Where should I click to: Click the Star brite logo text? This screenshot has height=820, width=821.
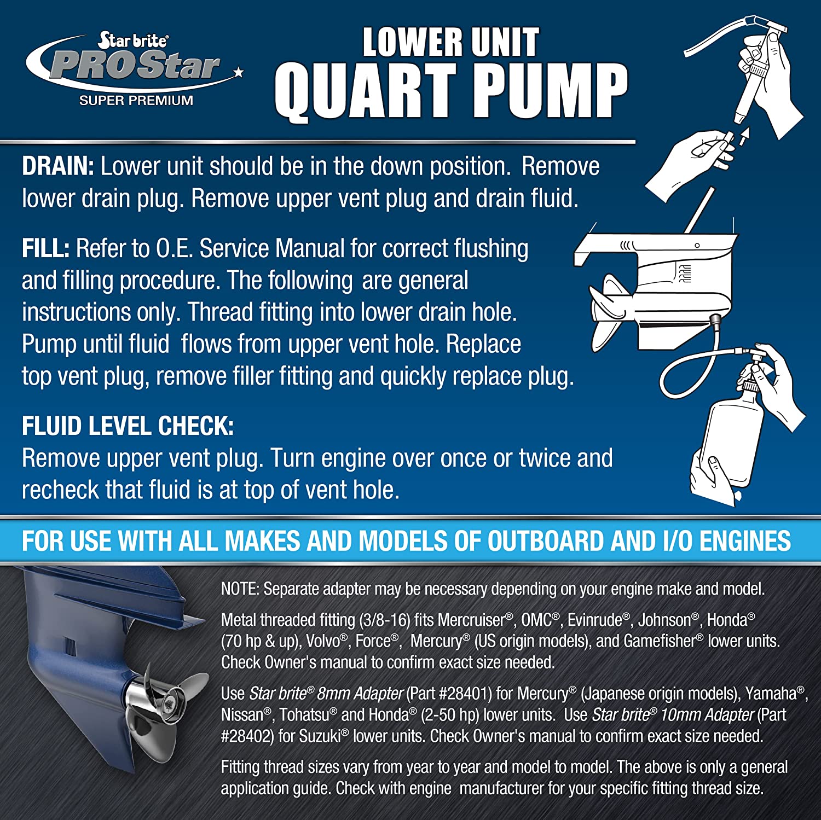click(x=133, y=40)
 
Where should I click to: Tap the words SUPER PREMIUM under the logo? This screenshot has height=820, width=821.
click(x=136, y=101)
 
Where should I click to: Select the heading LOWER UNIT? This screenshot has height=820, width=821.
click(x=451, y=43)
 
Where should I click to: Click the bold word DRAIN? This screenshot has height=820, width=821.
click(x=58, y=166)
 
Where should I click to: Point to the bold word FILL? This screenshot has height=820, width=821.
click(x=45, y=249)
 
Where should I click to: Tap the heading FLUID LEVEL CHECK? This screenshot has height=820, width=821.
click(x=128, y=426)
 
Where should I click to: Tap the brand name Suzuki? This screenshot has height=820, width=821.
click(x=329, y=736)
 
